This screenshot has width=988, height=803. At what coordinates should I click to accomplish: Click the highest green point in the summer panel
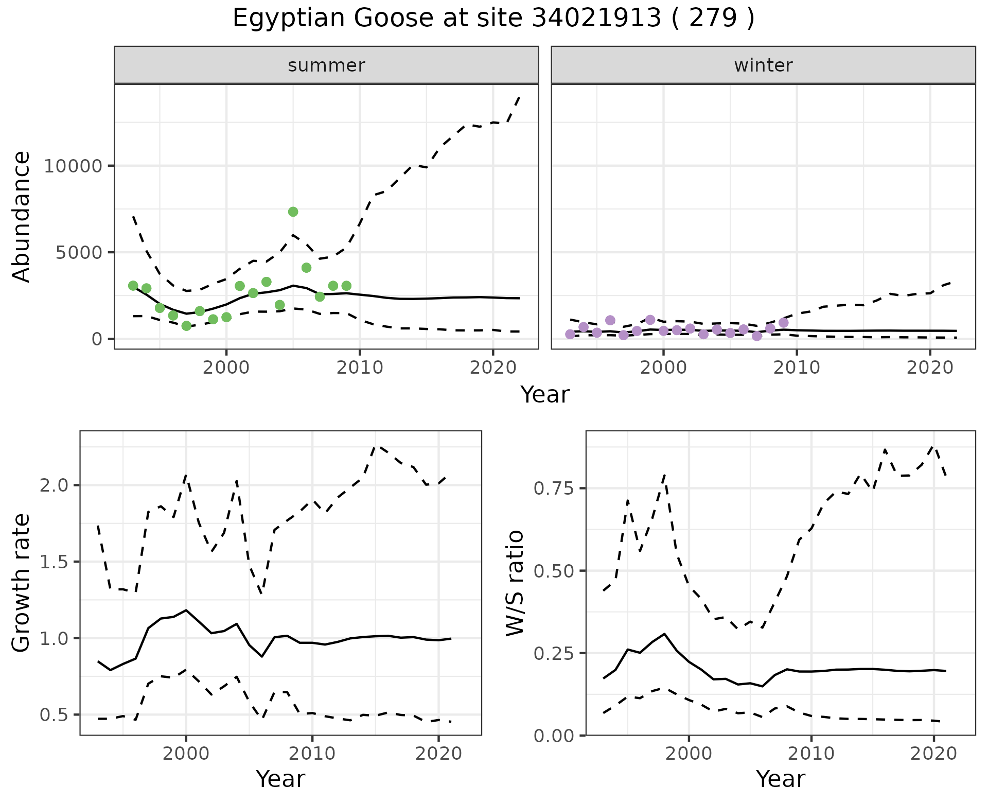(x=293, y=212)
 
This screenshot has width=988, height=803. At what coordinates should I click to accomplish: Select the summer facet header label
(x=326, y=65)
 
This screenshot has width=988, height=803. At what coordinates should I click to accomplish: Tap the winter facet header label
(x=763, y=65)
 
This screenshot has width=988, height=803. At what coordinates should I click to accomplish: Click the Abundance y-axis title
(x=21, y=216)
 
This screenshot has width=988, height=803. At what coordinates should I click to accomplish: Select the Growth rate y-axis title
(x=21, y=583)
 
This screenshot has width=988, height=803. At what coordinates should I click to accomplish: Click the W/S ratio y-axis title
(x=515, y=583)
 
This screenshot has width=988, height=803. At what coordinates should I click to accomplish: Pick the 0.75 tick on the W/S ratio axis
(x=555, y=488)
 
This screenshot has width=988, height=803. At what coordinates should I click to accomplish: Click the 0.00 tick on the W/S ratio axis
(x=555, y=736)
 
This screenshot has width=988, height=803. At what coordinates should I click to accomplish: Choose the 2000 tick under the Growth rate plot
(x=186, y=754)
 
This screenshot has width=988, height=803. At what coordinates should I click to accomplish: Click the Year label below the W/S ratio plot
(x=780, y=779)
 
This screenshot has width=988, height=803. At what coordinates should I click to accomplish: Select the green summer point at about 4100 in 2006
(x=306, y=268)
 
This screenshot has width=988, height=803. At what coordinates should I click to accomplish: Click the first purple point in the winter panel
(x=570, y=334)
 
